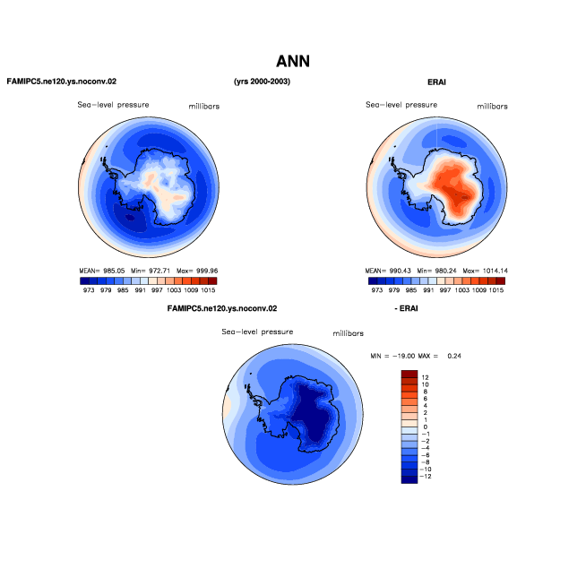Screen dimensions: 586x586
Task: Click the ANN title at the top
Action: (293, 61)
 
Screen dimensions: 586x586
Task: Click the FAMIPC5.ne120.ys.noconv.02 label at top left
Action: (62, 82)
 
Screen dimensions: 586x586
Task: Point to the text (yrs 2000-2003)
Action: (262, 82)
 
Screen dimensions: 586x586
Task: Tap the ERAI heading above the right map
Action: (436, 82)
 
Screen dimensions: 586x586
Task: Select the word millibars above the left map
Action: (203, 107)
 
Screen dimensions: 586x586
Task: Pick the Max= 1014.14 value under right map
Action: (485, 271)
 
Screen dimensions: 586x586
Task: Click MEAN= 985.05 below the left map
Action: (101, 271)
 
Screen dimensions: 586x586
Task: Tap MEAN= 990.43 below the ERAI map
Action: (388, 271)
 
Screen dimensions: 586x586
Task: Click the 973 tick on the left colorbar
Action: (89, 290)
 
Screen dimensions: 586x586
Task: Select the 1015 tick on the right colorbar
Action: (496, 290)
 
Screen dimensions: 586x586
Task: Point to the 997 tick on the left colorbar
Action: (157, 290)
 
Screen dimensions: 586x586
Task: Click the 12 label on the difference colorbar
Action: (425, 377)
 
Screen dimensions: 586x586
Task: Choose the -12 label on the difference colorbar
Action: (426, 477)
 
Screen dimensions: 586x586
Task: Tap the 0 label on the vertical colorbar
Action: (426, 427)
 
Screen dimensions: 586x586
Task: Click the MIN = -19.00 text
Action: (392, 356)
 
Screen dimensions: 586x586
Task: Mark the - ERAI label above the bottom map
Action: (406, 309)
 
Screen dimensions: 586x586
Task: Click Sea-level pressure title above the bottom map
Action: (257, 332)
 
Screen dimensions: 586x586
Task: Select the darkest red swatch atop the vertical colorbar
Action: (409, 374)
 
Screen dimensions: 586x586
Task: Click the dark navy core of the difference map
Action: (315, 415)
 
